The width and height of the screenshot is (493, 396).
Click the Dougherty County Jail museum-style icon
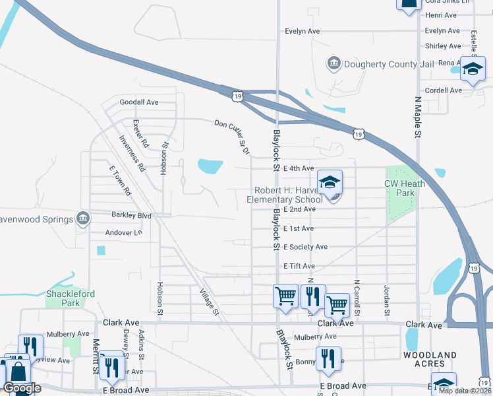pos(333,63)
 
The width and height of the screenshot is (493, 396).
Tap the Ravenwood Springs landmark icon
pos(82,218)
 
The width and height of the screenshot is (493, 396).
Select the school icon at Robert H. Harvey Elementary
pos(331,182)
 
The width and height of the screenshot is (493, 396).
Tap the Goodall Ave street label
pos(139,102)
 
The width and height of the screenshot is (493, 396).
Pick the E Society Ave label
pos(304,247)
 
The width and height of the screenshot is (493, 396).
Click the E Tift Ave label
pos(299,265)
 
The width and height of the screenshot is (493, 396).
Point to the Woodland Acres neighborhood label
pos(430,360)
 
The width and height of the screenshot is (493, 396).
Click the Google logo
pos(22,388)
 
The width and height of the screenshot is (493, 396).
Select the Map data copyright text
pos(465,390)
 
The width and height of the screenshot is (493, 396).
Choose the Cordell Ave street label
pos(444,90)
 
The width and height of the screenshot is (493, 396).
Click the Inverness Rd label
pos(132,154)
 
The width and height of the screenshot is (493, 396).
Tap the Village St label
pos(208,302)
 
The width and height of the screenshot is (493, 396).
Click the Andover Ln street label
pos(123,233)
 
